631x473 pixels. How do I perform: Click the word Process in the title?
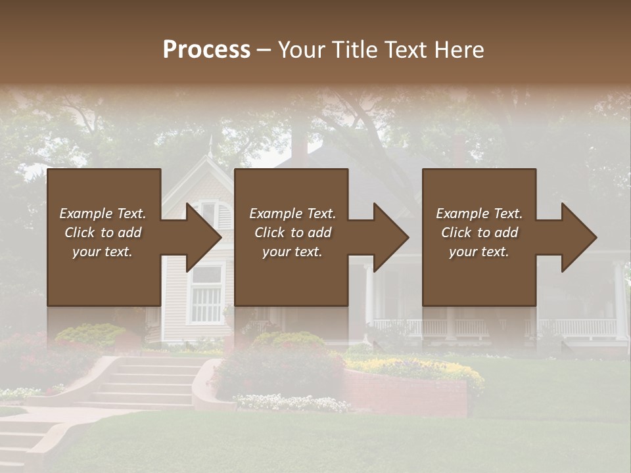click(206, 50)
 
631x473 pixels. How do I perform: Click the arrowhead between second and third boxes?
click(390, 237)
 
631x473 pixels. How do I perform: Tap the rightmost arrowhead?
click(578, 237)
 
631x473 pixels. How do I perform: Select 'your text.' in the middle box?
click(292, 252)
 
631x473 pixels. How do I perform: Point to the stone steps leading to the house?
click(148, 381)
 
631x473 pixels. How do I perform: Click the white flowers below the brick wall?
click(292, 402)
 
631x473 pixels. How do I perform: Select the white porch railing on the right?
click(565, 327)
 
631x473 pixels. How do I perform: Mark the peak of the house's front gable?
click(209, 158)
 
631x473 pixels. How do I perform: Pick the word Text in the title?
click(400, 50)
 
